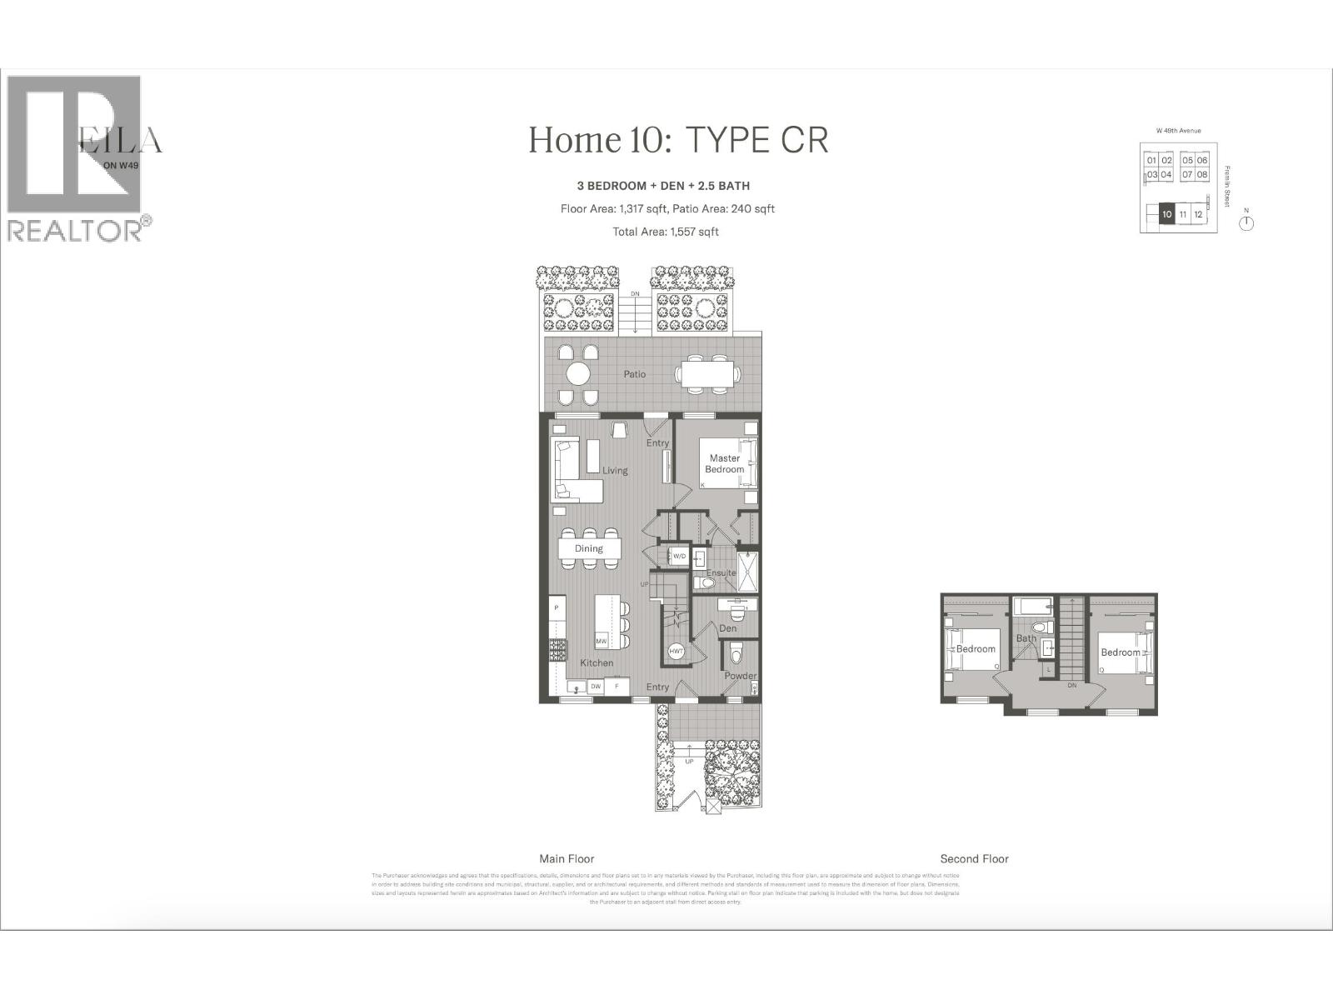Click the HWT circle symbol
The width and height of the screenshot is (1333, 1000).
676,652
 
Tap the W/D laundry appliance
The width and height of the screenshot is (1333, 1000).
678,556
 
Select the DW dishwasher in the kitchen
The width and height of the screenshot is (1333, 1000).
596,687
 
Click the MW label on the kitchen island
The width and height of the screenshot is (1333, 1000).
601,641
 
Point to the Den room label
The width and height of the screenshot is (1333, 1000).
728,628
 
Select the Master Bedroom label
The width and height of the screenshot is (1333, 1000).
724,463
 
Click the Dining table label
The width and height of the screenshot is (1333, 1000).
588,548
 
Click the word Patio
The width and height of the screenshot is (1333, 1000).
635,374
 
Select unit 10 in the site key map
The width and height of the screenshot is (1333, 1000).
1166,214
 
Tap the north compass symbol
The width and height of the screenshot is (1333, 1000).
1246,222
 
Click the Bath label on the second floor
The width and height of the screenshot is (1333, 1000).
1026,638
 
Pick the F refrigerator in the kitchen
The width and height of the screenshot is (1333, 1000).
617,687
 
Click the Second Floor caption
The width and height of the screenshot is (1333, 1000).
974,858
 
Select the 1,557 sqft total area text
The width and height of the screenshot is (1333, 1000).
666,232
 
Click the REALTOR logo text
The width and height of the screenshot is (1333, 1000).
75,231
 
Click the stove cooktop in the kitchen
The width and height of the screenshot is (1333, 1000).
557,650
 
